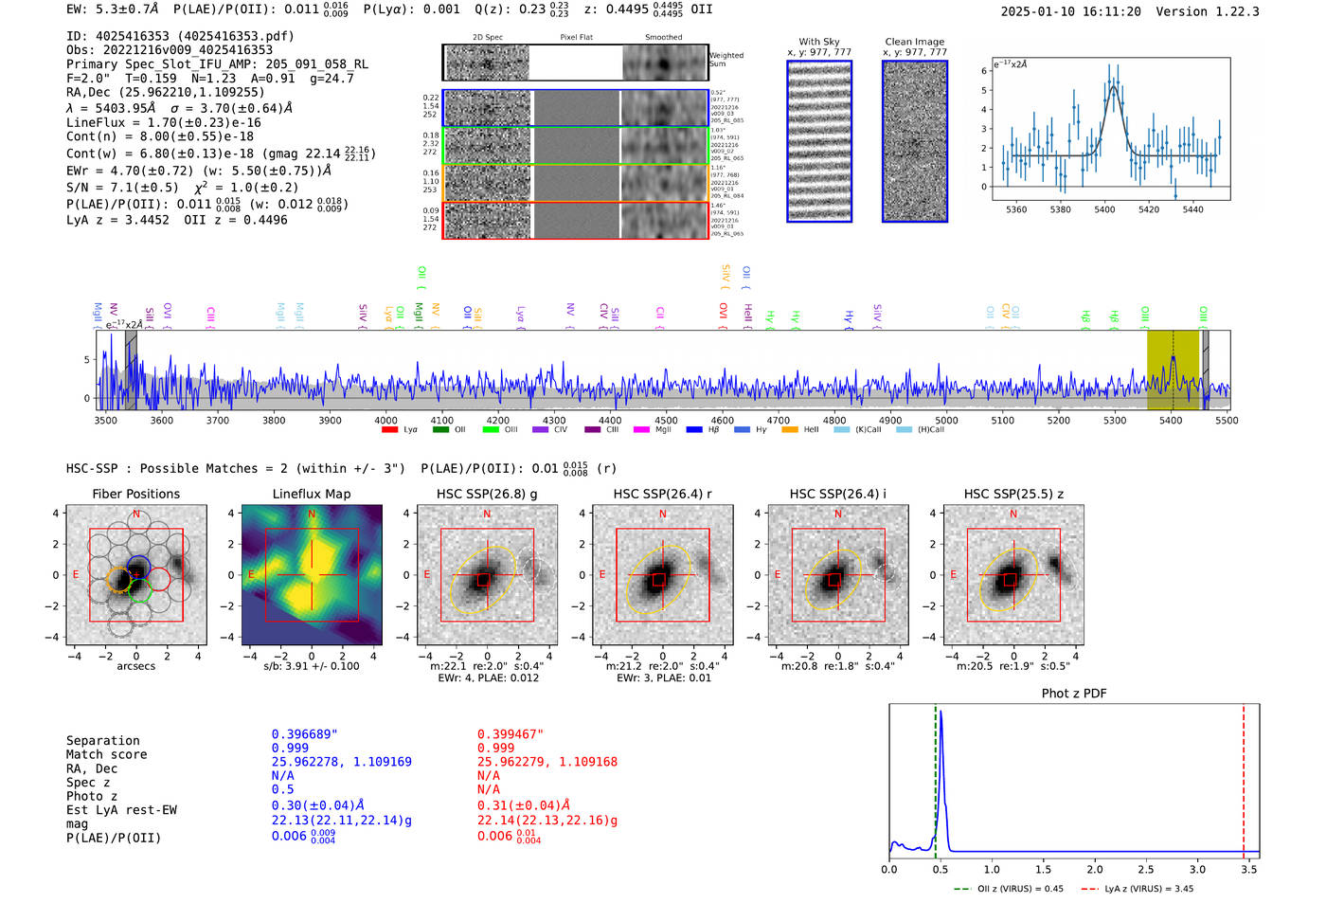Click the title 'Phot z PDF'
tap(1073, 694)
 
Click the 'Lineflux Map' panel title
tap(312, 494)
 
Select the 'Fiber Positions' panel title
tap(135, 494)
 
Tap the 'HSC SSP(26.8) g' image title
tap(487, 494)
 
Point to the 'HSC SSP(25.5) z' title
tap(1013, 494)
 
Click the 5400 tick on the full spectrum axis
tap(1171, 420)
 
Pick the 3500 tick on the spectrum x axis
tap(105, 420)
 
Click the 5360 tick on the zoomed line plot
tap(1016, 209)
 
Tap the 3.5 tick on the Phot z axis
tap(1249, 869)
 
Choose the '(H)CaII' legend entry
tap(930, 430)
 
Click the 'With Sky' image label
tap(819, 42)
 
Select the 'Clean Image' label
tap(914, 42)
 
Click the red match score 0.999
tap(495, 748)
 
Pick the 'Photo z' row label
tap(92, 796)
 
